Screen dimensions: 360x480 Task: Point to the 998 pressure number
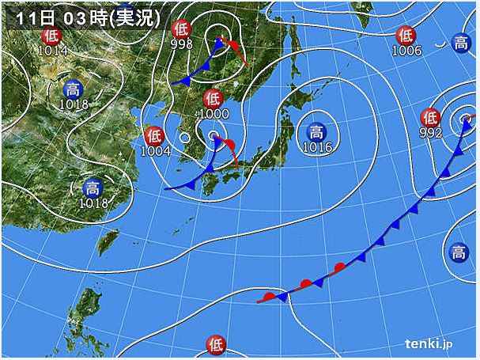tap(181, 45)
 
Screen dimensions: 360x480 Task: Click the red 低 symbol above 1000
tap(212, 99)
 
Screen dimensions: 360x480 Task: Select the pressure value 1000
tap(213, 114)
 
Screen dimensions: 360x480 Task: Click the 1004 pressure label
tap(156, 150)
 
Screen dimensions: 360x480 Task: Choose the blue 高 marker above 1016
tap(316, 132)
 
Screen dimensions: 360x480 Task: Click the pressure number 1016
tap(316, 147)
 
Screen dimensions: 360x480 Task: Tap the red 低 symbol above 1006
tap(406, 36)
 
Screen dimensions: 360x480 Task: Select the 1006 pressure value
tap(406, 51)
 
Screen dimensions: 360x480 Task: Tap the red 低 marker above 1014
tap(51, 36)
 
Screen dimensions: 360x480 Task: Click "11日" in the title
tap(29, 15)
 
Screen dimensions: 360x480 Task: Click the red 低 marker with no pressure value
tap(215, 343)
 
